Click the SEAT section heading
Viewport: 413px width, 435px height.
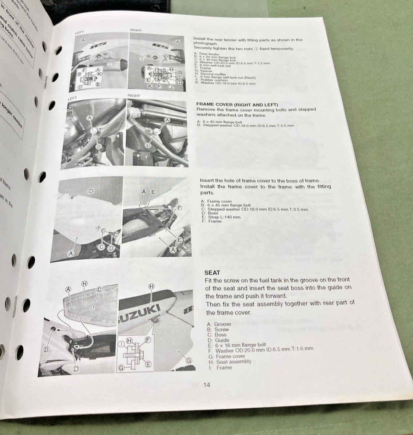[213, 272]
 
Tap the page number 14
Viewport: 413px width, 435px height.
[207, 385]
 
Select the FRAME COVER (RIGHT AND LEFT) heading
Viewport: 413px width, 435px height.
[237, 104]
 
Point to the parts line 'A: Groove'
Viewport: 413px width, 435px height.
[219, 324]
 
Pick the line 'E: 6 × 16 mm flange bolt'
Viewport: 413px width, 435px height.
[237, 345]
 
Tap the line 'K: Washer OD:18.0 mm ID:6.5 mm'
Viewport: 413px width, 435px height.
[225, 83]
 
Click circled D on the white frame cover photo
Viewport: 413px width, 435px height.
[91, 191]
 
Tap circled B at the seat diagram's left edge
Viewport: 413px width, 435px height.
[47, 349]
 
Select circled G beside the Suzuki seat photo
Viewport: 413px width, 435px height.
[189, 360]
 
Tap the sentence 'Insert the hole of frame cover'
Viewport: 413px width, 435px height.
[260, 181]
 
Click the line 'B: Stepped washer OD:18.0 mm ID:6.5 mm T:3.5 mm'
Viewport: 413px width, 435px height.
[245, 126]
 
